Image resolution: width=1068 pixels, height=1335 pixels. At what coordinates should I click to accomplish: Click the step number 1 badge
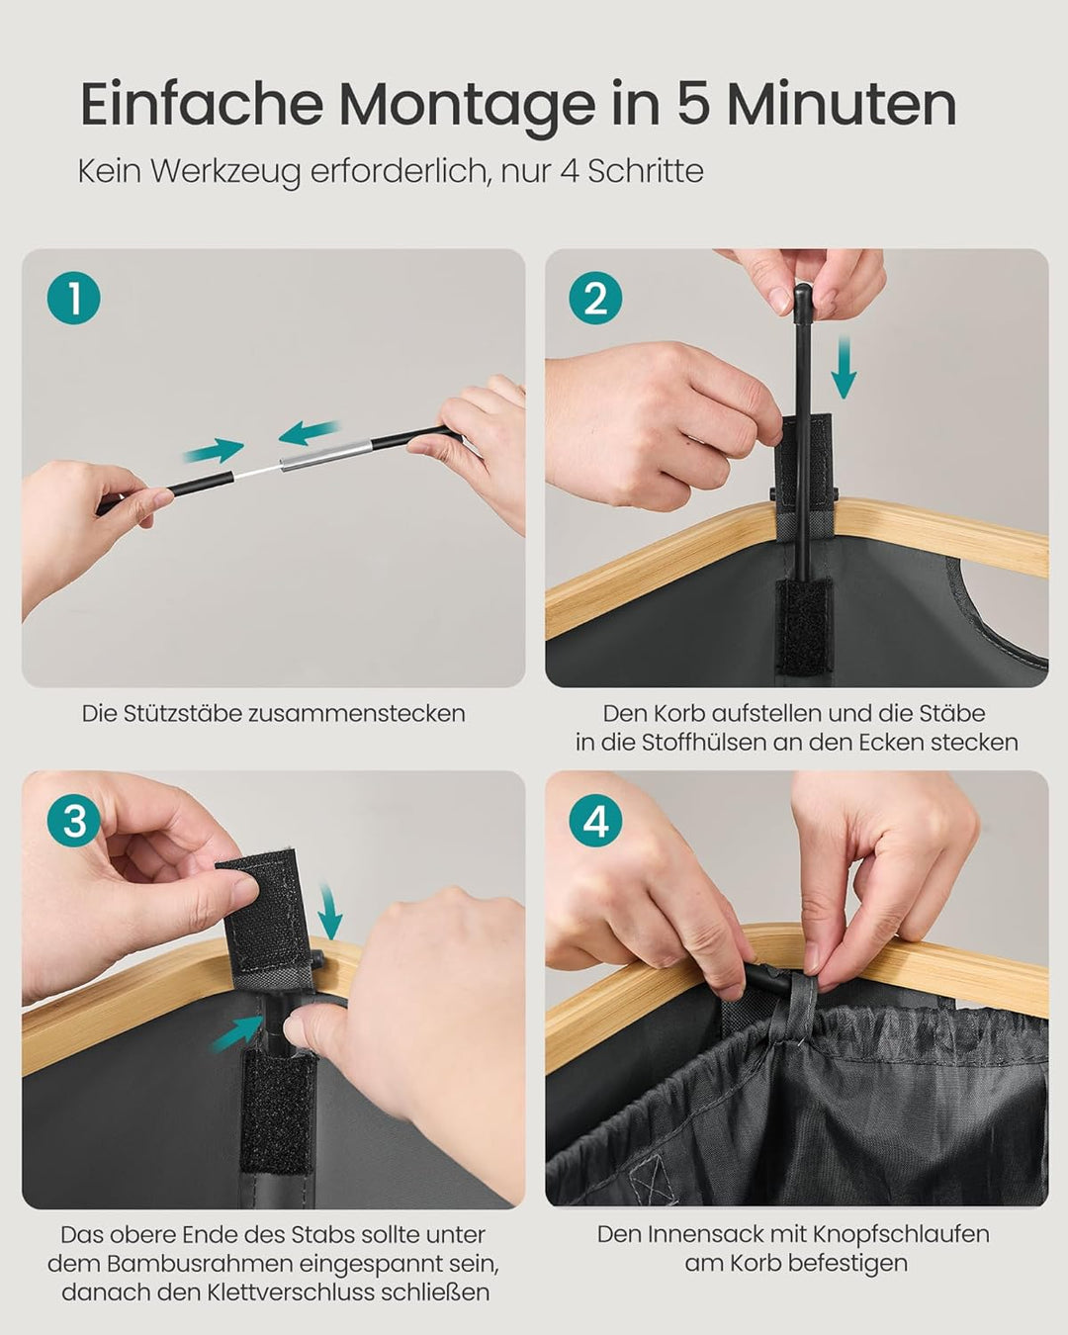click(x=74, y=298)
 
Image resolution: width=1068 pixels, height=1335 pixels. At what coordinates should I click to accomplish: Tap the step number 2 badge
click(x=596, y=298)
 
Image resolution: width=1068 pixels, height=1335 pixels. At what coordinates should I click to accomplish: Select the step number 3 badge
click(x=74, y=820)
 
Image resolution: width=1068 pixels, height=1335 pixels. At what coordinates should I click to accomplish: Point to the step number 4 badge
click(x=596, y=820)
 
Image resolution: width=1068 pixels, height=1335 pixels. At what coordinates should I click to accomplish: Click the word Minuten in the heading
click(x=842, y=105)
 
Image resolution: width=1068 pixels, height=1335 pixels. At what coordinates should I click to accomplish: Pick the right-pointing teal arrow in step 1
click(x=214, y=453)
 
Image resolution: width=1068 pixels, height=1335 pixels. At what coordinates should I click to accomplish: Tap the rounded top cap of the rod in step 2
click(x=803, y=296)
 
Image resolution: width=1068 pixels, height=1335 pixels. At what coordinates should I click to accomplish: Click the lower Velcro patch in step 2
click(x=803, y=626)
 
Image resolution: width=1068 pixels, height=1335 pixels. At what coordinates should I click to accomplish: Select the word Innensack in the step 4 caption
click(x=698, y=1234)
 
